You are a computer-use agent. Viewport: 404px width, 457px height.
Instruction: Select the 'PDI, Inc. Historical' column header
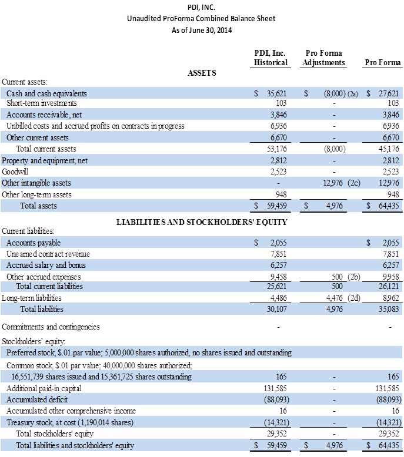tap(271, 58)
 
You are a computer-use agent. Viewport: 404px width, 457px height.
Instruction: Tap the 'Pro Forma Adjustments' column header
tap(323, 58)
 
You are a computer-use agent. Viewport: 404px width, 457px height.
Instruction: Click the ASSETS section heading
tap(202, 73)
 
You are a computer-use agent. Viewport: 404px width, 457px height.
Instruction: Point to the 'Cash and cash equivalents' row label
tap(46, 93)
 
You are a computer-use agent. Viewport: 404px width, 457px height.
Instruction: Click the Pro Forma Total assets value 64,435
tap(388, 206)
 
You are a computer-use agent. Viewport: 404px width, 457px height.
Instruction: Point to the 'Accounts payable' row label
tap(34, 243)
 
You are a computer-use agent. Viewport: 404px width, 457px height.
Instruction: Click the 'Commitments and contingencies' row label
tap(51, 327)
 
